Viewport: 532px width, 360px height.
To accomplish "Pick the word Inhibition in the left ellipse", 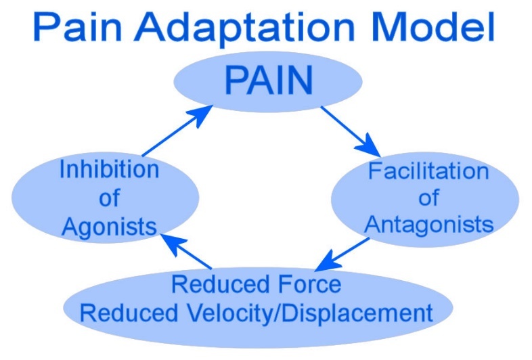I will (x=109, y=169).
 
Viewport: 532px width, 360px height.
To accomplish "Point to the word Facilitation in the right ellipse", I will (x=428, y=171).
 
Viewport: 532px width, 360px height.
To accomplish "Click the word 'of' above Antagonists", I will (x=428, y=198).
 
